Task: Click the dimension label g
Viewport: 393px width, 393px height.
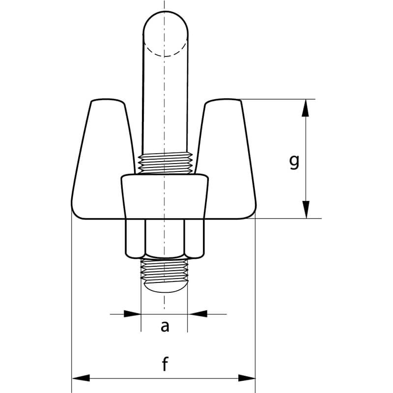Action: pyautogui.click(x=294, y=161)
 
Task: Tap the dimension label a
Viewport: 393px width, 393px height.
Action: pyautogui.click(x=165, y=326)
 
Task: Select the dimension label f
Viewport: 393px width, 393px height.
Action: pyautogui.click(x=165, y=365)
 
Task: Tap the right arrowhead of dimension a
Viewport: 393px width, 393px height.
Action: pyautogui.click(x=196, y=313)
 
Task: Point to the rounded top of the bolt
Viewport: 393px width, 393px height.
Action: pyautogui.click(x=165, y=22)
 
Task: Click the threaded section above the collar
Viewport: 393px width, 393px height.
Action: pyautogui.click(x=165, y=164)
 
